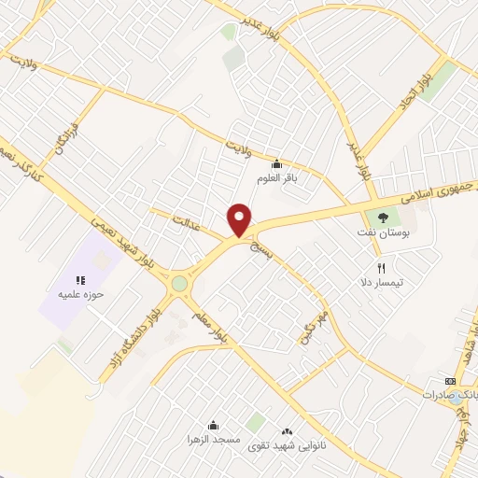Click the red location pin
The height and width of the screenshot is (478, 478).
click(x=240, y=219)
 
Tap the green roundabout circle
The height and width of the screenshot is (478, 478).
click(x=179, y=284)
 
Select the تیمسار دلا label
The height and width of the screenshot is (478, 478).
click(x=382, y=281)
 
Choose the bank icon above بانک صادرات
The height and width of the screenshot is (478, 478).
click(x=450, y=381)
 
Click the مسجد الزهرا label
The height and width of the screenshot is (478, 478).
click(x=214, y=438)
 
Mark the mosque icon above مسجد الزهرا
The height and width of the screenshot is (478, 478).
click(x=214, y=425)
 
